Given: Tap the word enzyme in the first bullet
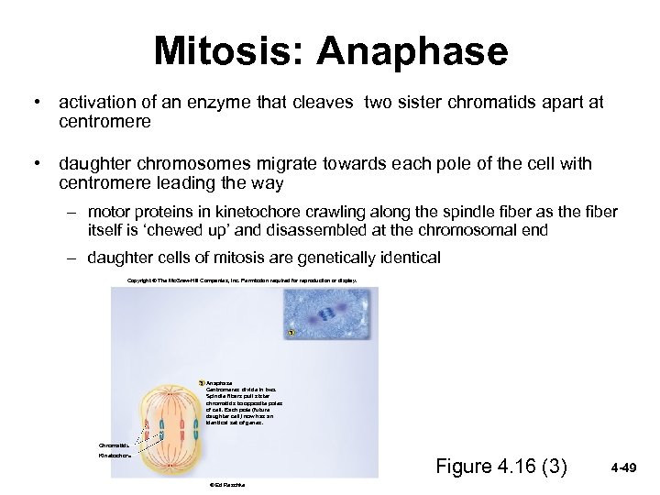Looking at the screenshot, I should click(x=237, y=103).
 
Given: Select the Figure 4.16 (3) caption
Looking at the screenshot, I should click(x=500, y=467).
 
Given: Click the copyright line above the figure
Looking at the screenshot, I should click(x=242, y=280).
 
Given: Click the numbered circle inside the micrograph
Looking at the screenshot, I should click(x=290, y=331).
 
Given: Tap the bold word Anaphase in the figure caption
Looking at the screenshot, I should click(x=219, y=382).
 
